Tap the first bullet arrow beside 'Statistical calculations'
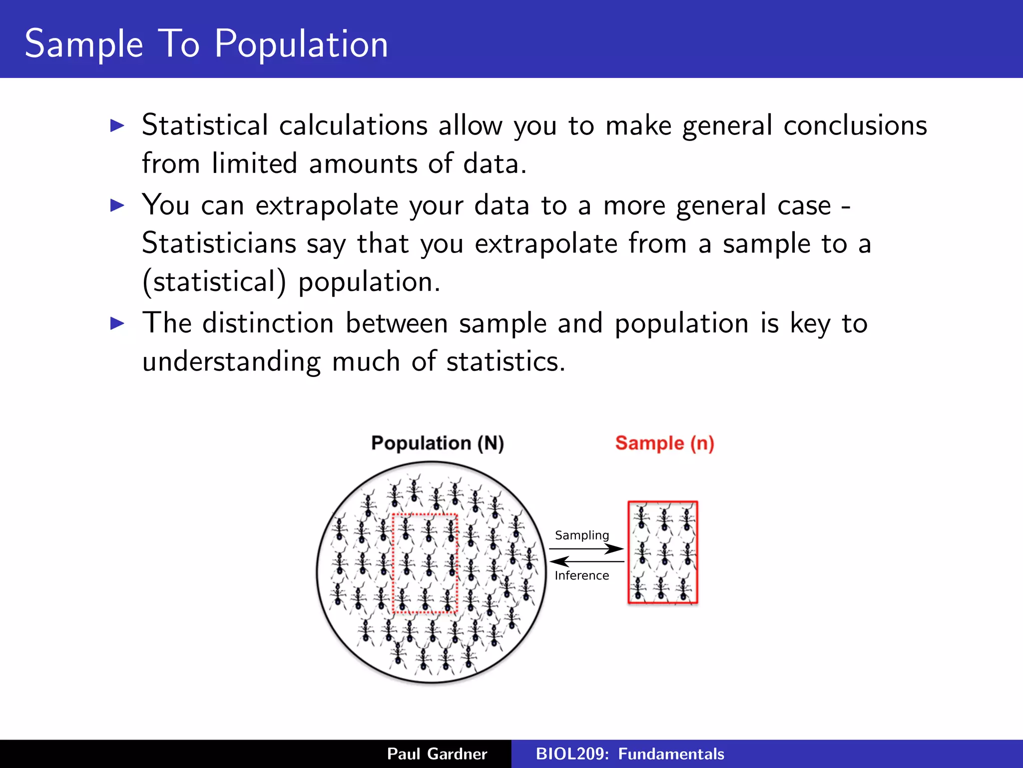pos(117,125)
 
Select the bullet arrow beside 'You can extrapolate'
pos(117,205)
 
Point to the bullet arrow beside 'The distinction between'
pos(117,323)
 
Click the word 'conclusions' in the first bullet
pos(855,125)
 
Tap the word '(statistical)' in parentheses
pos(214,282)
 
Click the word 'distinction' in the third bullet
pos(268,323)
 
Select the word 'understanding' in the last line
pos(231,361)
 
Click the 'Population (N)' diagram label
pos(438,443)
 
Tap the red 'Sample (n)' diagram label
pos(664,443)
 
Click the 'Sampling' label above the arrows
pos(582,535)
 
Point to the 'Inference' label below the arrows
pos(582,575)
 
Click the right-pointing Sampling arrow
pos(587,549)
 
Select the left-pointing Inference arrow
pos(587,561)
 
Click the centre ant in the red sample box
pos(663,553)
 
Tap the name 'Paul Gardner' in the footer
pos(437,754)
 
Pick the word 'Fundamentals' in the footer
pos(671,754)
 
